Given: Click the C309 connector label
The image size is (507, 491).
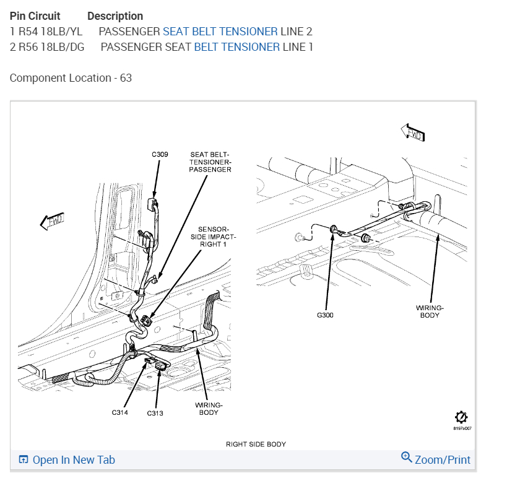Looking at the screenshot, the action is point(159,154).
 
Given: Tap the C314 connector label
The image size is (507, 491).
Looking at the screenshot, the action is point(120,412).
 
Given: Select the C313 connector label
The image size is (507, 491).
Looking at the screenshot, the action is point(155,414).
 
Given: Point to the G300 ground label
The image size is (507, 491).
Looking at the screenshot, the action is point(325,315).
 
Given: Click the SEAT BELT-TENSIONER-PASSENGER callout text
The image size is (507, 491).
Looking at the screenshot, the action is point(210,162).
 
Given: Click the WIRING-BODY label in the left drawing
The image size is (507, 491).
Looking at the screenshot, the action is point(209,409).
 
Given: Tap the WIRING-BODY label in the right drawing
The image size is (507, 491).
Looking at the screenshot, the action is point(429,311).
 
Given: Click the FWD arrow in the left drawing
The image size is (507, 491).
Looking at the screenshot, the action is point(52,221).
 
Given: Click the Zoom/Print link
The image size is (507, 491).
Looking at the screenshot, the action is point(442,460).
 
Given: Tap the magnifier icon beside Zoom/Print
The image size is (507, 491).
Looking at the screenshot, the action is point(407,458).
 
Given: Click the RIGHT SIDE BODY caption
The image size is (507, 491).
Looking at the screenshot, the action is point(256,444).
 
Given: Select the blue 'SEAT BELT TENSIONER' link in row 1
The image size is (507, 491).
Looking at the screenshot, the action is point(220,31).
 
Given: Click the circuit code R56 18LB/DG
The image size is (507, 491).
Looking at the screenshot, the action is point(52,46).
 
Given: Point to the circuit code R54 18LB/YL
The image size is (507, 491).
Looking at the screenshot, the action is point(51,31).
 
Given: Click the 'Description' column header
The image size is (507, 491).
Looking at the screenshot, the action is point(115,16).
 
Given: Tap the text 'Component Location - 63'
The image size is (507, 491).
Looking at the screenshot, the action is point(71,78).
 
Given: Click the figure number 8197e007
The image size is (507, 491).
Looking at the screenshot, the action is point(461,428).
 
